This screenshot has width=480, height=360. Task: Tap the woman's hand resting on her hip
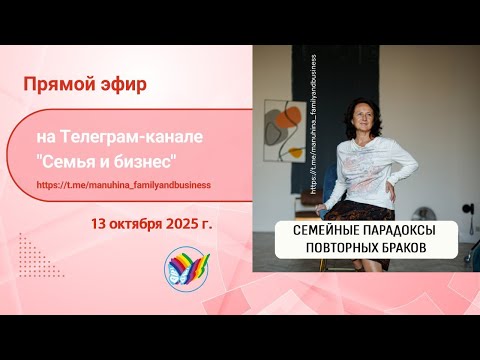400,189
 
